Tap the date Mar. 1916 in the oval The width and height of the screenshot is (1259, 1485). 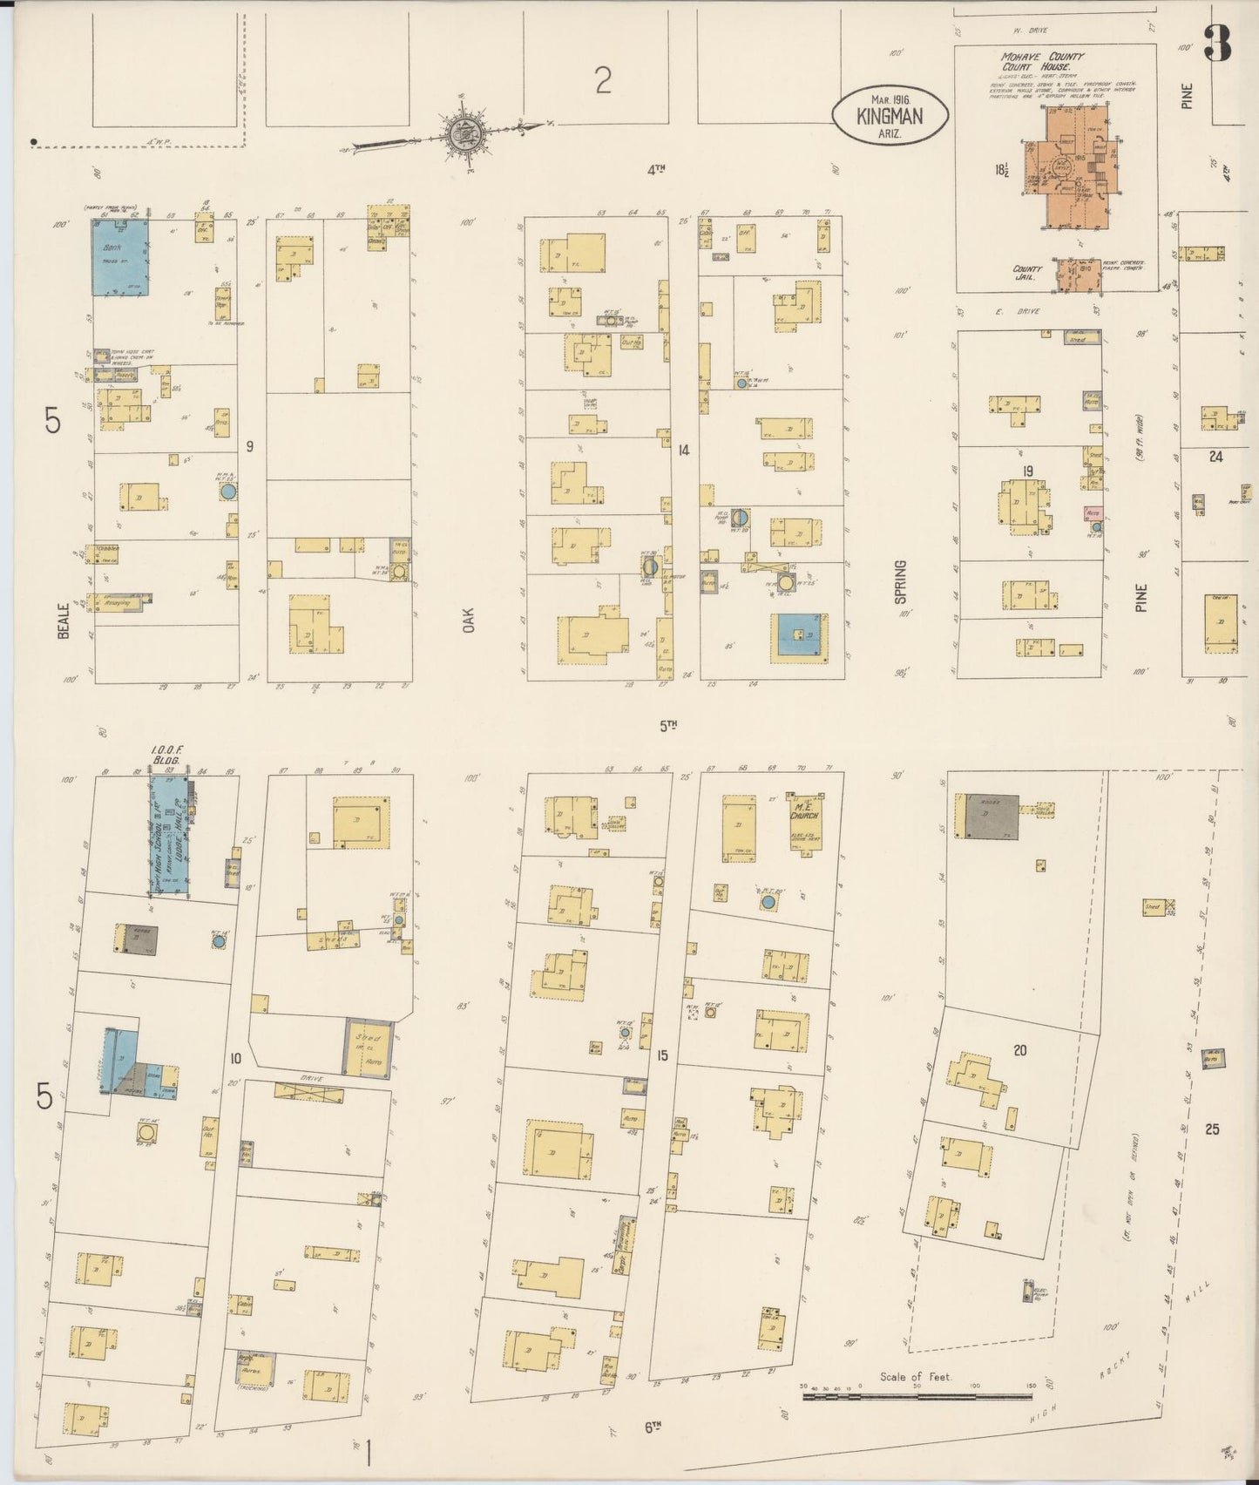[889, 99]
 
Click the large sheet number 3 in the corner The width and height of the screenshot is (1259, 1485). [1217, 44]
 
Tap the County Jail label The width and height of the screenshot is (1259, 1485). [1027, 274]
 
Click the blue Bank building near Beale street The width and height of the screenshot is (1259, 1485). [120, 258]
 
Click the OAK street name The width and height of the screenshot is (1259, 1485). [470, 620]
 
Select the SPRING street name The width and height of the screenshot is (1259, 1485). [900, 582]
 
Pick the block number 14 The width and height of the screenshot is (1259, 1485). [683, 451]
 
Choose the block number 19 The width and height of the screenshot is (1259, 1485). [1028, 471]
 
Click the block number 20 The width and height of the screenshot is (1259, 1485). [1019, 1050]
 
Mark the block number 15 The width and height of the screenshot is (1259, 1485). [663, 1056]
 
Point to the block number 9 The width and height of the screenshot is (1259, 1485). [249, 447]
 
